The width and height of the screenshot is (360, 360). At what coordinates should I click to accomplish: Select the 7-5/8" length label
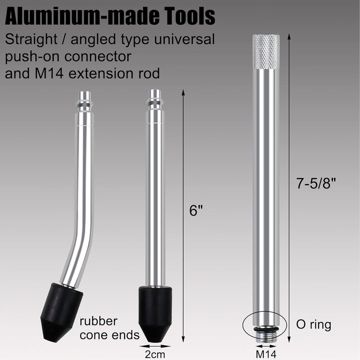click(316, 183)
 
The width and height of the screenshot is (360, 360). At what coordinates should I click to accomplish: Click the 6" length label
click(196, 210)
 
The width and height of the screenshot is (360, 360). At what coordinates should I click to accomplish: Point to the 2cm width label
click(155, 354)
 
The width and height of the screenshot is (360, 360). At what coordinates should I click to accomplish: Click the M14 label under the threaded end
click(266, 354)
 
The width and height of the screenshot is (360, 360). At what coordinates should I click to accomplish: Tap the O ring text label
click(314, 325)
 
